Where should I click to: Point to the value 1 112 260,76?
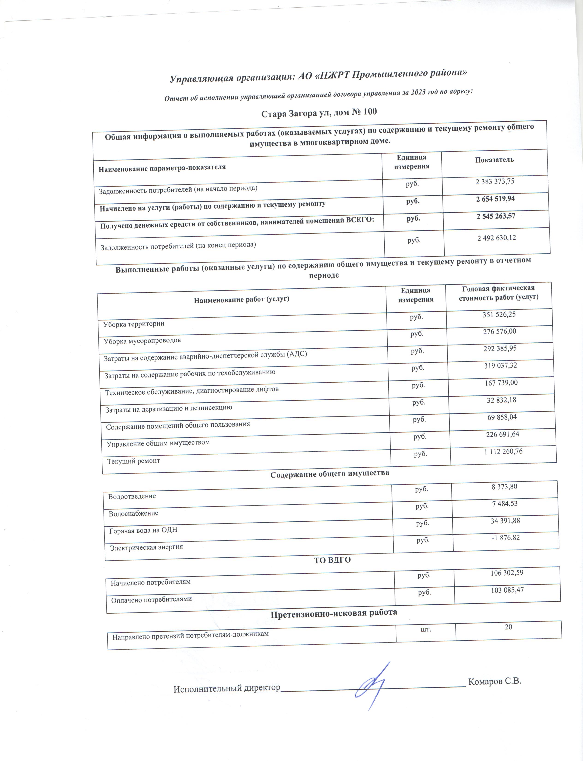click(x=503, y=451)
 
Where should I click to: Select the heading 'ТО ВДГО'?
click(x=332, y=560)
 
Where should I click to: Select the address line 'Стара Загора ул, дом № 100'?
click(x=319, y=113)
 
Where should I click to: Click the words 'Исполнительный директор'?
click(x=227, y=688)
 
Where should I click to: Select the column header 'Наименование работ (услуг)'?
click(x=241, y=299)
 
